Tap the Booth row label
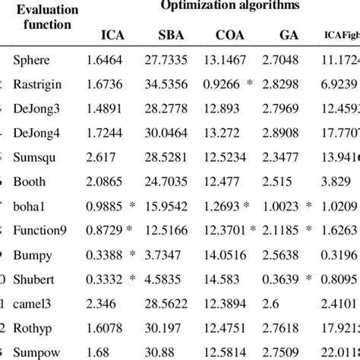click(x=30, y=182)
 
